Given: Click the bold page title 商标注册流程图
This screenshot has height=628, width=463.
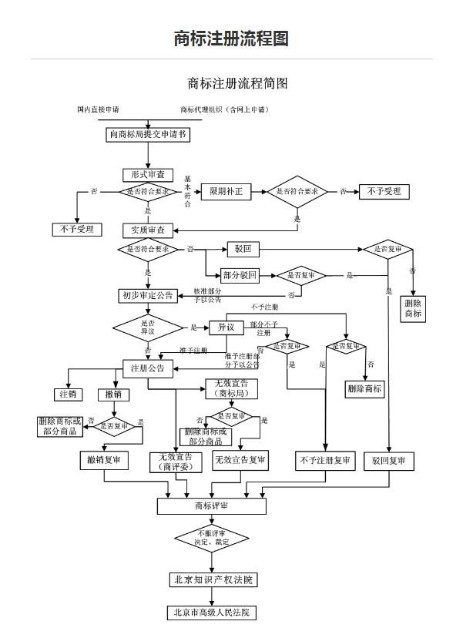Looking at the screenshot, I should click(x=231, y=39).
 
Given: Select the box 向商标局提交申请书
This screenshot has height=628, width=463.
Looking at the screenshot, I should click(x=147, y=134).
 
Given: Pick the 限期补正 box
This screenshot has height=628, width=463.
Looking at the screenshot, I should click(x=226, y=192).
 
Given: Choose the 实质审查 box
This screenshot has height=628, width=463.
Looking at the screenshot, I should click(x=149, y=230).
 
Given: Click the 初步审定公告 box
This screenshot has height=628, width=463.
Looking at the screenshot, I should click(x=148, y=295).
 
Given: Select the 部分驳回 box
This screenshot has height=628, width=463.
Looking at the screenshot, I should click(x=240, y=275).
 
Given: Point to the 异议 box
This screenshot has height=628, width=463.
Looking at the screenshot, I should click(x=226, y=327).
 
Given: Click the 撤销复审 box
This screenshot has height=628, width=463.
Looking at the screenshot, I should click(x=104, y=461).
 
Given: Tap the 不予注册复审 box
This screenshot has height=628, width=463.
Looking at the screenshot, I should click(x=324, y=461).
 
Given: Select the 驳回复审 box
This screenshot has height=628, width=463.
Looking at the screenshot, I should click(x=388, y=461).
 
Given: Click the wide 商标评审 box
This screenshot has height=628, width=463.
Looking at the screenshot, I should click(x=211, y=506).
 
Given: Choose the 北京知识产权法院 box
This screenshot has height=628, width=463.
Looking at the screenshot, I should click(x=211, y=579).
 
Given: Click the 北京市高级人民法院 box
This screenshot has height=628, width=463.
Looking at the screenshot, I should click(x=211, y=613).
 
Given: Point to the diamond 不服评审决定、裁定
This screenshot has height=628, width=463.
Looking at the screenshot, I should click(x=211, y=537).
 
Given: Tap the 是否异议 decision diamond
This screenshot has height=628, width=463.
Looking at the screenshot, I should click(x=148, y=327).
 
